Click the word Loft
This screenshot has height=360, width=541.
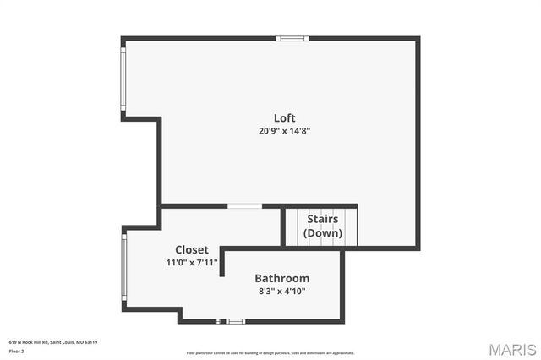[284, 117]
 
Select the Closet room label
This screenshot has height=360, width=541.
[192, 249]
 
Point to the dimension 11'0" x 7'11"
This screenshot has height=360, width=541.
[192, 263]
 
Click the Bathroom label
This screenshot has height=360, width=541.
[281, 278]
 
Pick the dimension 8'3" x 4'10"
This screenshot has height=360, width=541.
[281, 291]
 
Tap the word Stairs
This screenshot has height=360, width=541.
[322, 219]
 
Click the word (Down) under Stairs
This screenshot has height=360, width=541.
[322, 232]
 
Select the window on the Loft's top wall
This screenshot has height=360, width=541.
[292, 38]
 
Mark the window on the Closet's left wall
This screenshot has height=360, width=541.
[123, 266]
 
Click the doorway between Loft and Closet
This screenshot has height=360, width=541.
[244, 205]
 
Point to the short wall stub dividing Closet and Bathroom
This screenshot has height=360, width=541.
[221, 262]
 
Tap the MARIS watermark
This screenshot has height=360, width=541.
[511, 349]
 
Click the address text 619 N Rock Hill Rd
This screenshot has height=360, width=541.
[28, 342]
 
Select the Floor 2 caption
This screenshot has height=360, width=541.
[16, 350]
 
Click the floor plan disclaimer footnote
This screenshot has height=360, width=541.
[270, 353]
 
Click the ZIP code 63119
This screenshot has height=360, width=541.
[91, 342]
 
